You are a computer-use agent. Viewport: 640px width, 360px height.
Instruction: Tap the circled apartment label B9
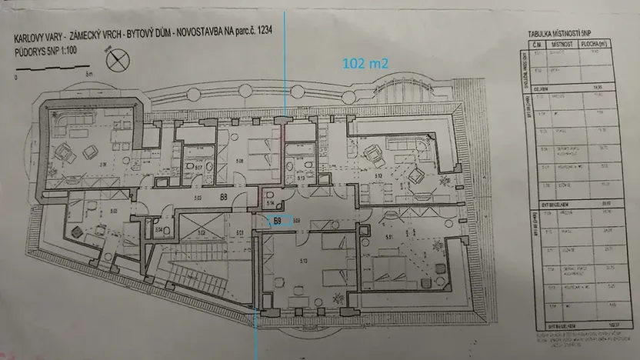click(278, 221)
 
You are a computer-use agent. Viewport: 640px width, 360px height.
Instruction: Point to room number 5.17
click(198, 167)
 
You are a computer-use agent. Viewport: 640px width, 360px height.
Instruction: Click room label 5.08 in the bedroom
click(240, 161)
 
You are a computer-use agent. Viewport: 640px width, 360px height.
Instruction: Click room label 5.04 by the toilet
click(158, 229)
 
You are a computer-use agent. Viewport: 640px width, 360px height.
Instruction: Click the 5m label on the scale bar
click(90, 75)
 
